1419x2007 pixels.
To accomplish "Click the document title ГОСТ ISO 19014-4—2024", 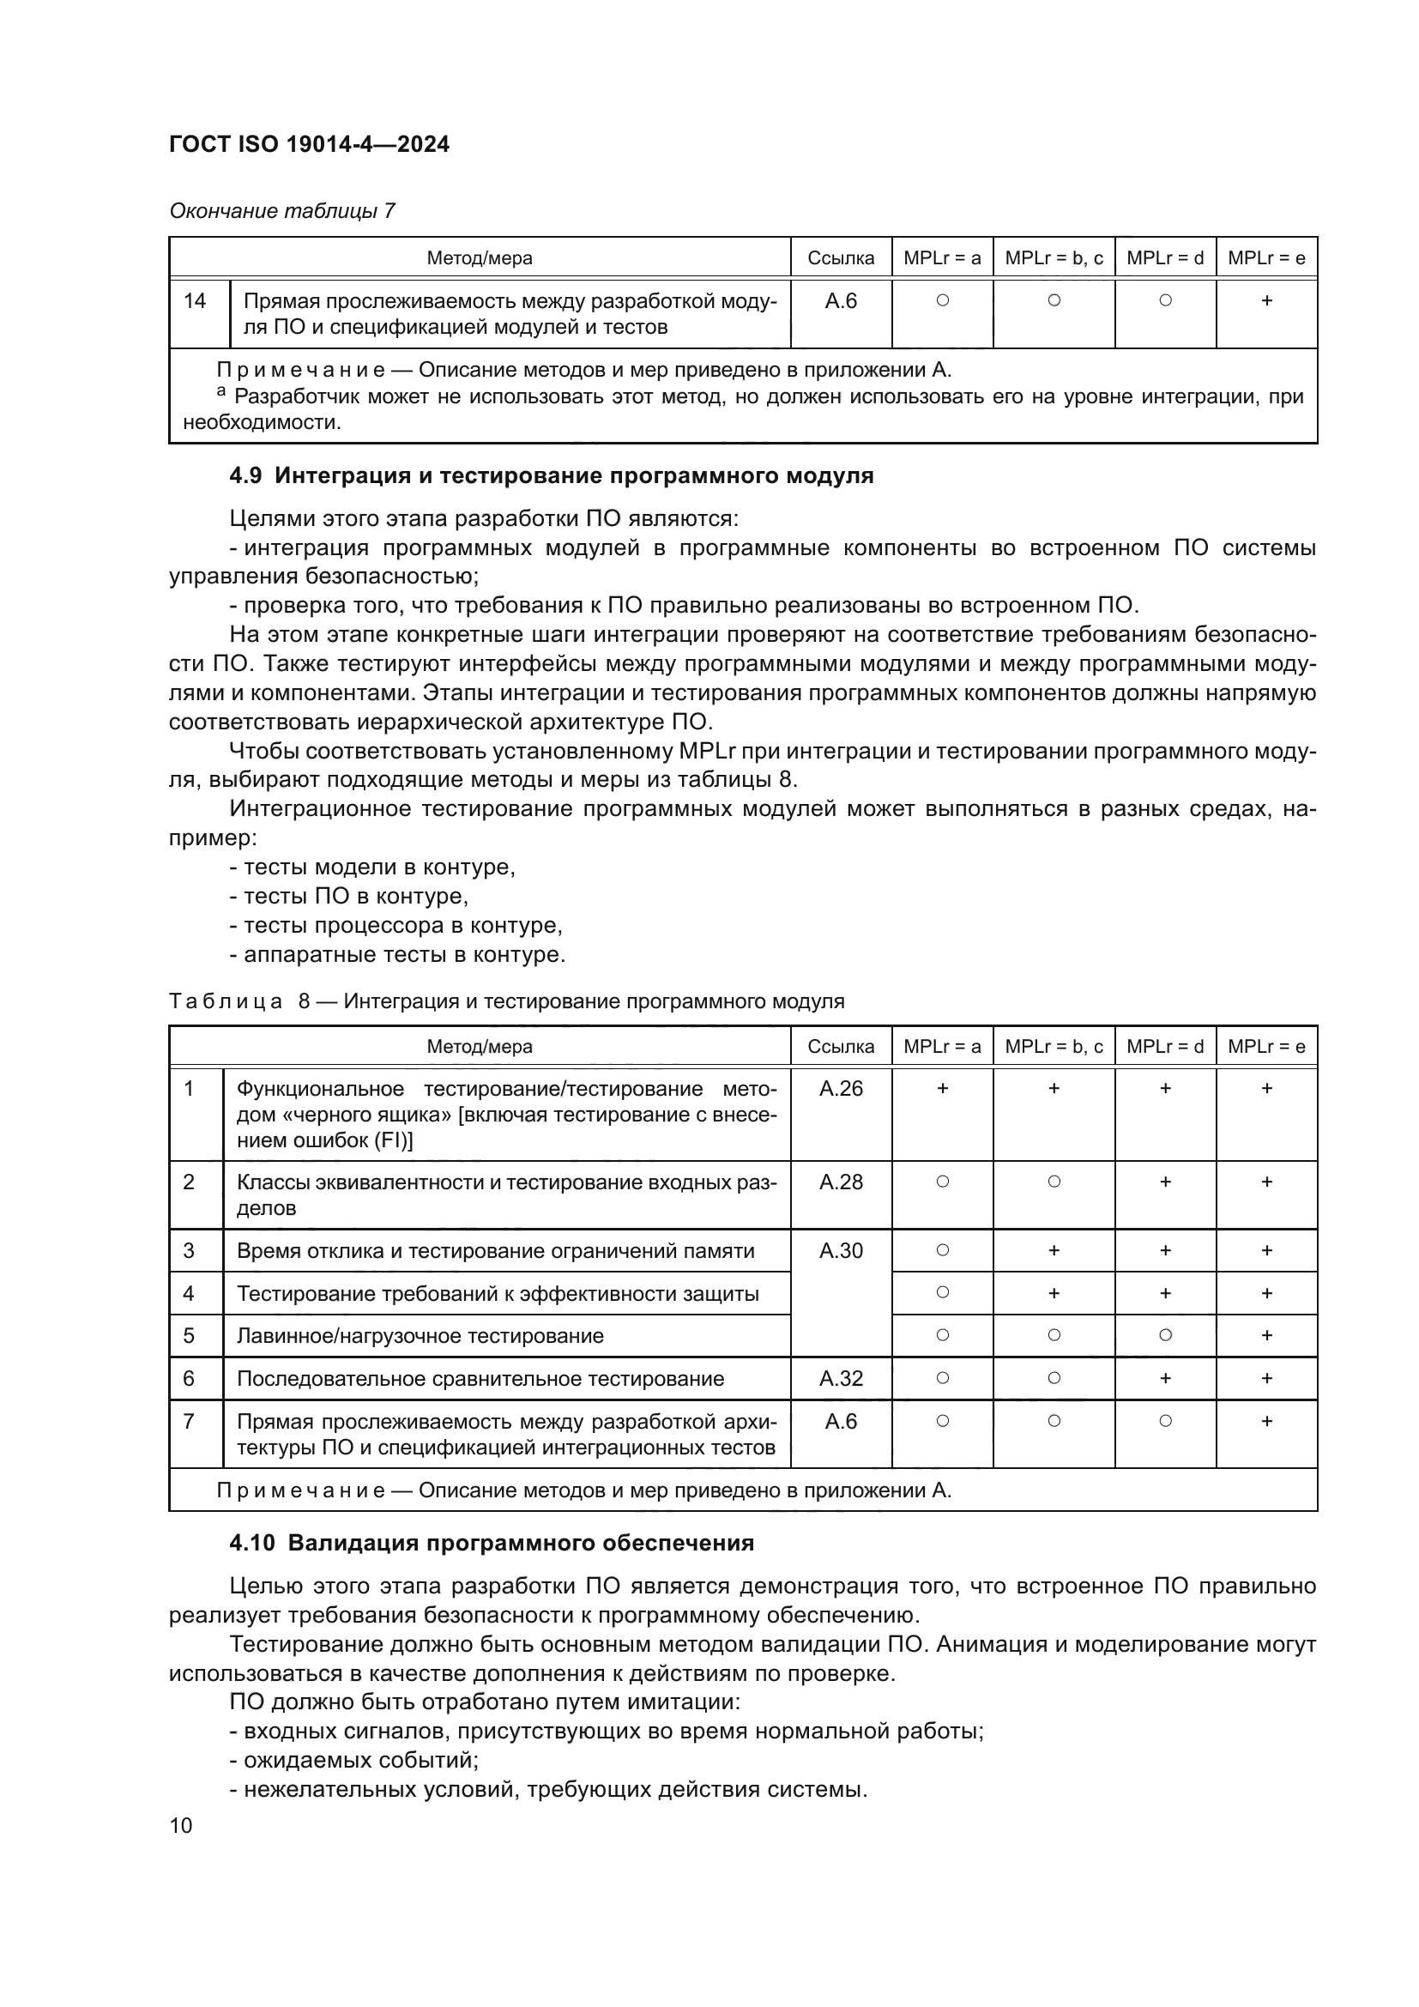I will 310,144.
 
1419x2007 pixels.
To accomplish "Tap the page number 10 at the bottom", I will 181,1825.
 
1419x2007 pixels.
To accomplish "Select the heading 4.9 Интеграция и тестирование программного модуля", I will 552,475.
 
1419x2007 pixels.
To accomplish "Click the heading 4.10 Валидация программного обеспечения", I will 492,1543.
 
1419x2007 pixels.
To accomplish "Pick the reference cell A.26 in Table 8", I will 841,1088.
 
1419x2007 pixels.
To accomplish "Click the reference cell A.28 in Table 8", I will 841,1182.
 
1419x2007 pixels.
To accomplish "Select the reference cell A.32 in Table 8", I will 841,1379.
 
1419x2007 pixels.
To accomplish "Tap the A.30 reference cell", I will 841,1251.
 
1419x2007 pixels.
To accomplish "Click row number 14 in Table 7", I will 195,300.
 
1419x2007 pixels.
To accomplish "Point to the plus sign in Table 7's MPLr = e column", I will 1266,300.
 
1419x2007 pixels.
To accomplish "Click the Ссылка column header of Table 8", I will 841,1046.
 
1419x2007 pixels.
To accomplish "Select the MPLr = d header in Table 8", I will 1165,1046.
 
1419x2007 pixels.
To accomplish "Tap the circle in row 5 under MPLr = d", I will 1165,1335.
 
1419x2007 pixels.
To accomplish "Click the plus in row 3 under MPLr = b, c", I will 1054,1251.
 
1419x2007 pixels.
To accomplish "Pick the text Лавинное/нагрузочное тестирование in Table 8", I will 420,1336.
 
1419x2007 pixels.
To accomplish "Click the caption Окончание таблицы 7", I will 282,211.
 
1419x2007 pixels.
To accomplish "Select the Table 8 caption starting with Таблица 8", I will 507,1000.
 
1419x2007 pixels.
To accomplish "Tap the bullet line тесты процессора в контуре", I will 396,925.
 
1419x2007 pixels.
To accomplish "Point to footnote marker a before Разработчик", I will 221,391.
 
